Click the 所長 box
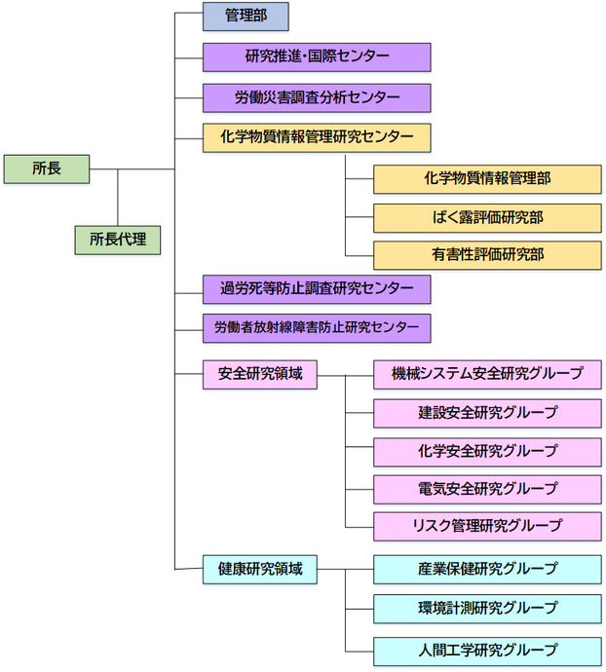[x=47, y=168]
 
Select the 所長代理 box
[x=118, y=239]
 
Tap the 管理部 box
[x=246, y=16]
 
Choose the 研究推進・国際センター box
[x=317, y=56]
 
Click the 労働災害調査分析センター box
[x=317, y=97]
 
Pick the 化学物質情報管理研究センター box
[x=317, y=137]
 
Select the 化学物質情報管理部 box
[x=487, y=178]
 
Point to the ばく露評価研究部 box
[x=487, y=217]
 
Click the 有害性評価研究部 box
[x=487, y=255]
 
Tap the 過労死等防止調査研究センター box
[x=317, y=288]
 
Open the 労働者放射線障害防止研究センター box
[x=317, y=328]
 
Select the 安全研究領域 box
[x=259, y=374]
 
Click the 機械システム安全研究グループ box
[x=487, y=374]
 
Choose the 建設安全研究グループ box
[x=487, y=412]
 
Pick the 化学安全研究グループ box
[x=487, y=450]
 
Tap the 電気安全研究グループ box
[x=487, y=488]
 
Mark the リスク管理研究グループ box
[x=487, y=526]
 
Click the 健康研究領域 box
[x=259, y=569]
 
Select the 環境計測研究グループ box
[x=487, y=609]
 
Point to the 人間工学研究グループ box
[x=487, y=650]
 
